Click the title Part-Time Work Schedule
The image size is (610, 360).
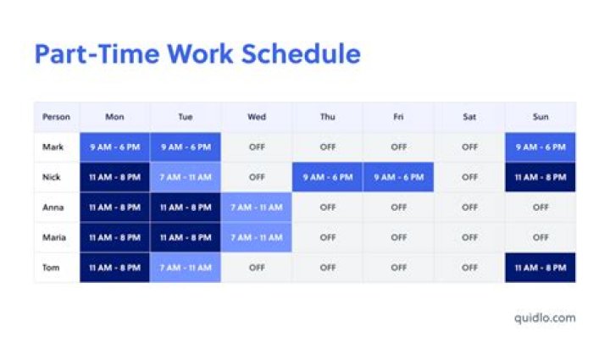[x=197, y=54]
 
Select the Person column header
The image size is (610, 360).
[x=56, y=117]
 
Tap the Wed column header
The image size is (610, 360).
[x=257, y=117]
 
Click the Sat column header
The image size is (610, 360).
[x=469, y=117]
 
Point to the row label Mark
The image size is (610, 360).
[x=53, y=147]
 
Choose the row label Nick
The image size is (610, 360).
[x=53, y=177]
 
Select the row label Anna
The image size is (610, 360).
[x=53, y=207]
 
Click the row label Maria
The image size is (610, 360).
[x=54, y=237]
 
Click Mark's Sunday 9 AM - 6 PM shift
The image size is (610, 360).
[x=541, y=147]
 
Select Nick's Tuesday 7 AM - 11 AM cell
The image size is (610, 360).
[x=186, y=177]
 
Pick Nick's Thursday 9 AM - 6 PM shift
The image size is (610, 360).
[x=328, y=177]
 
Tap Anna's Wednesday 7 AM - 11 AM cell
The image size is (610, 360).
[x=257, y=207]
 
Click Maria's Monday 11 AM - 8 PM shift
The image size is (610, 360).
[x=115, y=237]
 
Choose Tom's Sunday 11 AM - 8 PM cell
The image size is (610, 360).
[x=541, y=267]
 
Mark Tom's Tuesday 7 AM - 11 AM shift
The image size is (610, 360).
[x=186, y=267]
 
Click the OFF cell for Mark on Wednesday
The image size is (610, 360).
[x=257, y=147]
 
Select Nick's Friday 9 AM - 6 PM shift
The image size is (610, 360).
[x=398, y=177]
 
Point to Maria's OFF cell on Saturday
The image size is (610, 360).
[x=469, y=237]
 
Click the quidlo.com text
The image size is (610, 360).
[x=545, y=318]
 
